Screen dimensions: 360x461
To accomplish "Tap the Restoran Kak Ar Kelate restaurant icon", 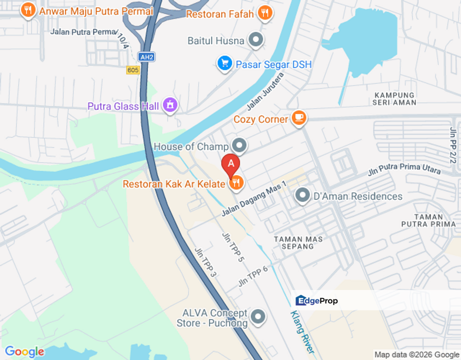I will coord(236,183).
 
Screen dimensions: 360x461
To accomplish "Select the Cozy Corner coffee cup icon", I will coord(299,118).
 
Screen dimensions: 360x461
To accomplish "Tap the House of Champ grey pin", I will coord(240,146).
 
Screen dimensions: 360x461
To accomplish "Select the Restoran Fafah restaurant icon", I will coord(265,13).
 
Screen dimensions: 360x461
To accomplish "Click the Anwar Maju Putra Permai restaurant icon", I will coord(28,10).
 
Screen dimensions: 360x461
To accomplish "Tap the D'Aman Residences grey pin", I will coord(302,195).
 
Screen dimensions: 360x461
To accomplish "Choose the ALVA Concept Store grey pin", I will coord(258,316).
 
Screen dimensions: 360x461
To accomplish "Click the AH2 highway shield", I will coord(146,57).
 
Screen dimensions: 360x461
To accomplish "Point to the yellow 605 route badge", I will coord(132,70).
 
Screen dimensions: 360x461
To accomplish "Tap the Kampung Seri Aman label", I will coord(394,98).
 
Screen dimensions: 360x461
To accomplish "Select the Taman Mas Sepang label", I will coord(294,242).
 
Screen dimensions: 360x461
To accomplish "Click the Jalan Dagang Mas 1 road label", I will coord(254,199).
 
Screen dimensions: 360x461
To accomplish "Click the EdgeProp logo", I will coord(316,300).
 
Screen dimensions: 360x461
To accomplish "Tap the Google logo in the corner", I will coord(24,352).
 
